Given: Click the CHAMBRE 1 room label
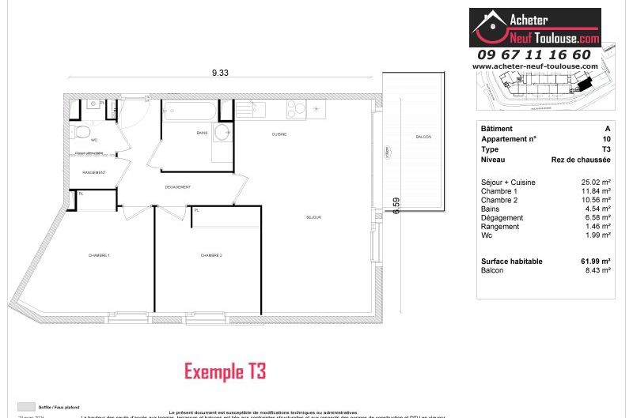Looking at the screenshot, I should pos(99,255).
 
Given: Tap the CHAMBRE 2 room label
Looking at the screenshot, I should pos(211,255).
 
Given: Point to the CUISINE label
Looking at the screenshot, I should pos(279,134).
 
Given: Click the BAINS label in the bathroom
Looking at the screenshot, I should pos(203,134).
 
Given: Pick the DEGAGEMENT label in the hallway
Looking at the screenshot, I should pos(178,187).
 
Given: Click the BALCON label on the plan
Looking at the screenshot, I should pos(423,137).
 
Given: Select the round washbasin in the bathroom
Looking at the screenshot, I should pos(223,131).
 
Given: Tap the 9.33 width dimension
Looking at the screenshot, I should pos(220,73).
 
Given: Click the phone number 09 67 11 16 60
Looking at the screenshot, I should pos(533,55).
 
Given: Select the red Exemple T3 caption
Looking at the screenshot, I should pos(225,371).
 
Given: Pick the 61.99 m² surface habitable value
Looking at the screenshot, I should pos(595,262).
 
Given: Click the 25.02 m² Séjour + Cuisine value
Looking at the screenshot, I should pos(595,183).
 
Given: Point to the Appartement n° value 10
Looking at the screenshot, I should pos(606,139).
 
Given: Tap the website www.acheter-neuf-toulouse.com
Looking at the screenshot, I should pos(535,66).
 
